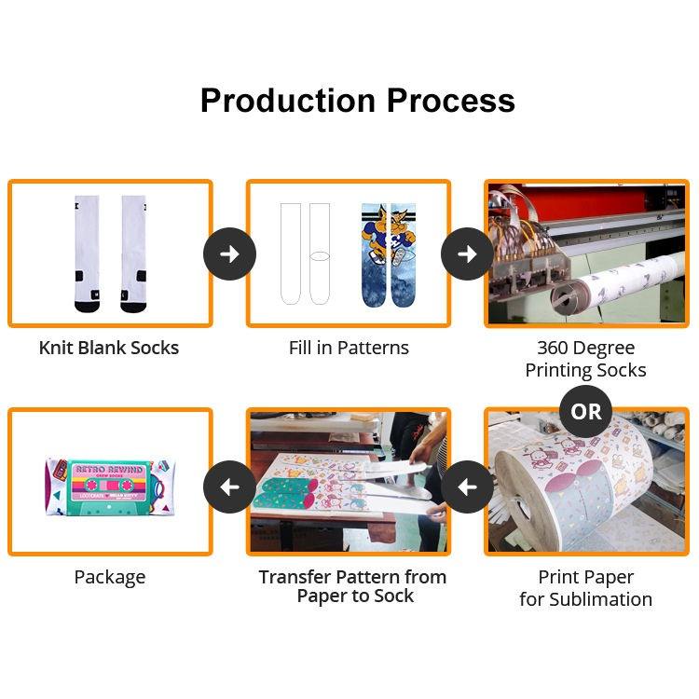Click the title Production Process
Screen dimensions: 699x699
coord(357,101)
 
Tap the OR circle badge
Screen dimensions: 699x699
coord(586,411)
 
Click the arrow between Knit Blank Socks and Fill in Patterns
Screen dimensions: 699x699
coord(229,254)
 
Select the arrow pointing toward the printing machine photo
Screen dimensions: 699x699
coord(467,254)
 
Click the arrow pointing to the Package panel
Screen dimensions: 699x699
coord(229,487)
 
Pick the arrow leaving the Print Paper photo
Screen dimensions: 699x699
coord(467,487)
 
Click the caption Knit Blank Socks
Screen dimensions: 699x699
coord(109,348)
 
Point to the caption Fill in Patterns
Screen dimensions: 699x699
coord(349,348)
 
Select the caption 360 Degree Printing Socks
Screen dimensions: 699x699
coord(585,359)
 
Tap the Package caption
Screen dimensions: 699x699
coord(109,577)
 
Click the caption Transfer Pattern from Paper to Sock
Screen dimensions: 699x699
coord(352,587)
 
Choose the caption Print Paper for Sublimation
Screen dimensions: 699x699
coord(585,588)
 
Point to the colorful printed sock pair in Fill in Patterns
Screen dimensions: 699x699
coord(388,254)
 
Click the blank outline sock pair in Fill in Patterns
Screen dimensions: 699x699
coord(306,254)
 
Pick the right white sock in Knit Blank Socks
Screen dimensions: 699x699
coord(133,254)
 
